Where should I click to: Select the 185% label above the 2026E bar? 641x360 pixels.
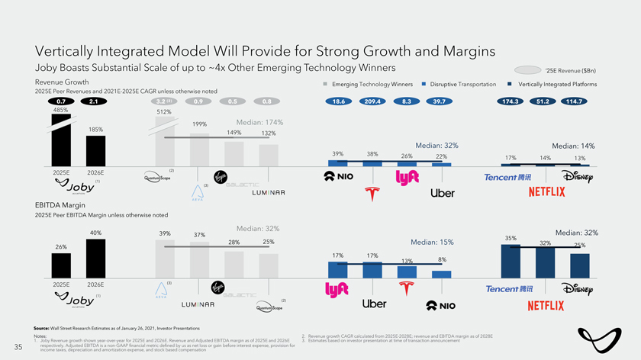click(x=96, y=130)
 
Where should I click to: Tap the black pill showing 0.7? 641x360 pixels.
click(x=60, y=101)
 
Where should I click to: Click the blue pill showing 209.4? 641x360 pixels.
click(x=373, y=101)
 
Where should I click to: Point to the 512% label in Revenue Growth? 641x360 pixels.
click(x=164, y=112)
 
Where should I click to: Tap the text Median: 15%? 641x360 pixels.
click(x=433, y=243)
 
